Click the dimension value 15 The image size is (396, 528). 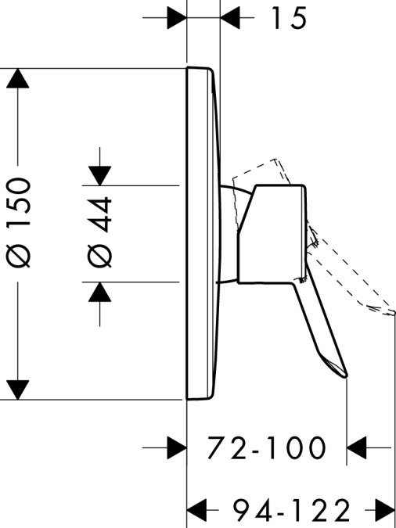289,18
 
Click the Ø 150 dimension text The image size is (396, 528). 19,223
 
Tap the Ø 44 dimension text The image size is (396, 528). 99,232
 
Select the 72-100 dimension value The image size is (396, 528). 267,448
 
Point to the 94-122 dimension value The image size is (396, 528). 292,511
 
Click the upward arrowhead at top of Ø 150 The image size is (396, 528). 17,78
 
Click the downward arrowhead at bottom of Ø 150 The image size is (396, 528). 17,390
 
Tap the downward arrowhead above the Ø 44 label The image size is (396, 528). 99,175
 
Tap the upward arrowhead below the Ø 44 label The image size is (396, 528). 99,292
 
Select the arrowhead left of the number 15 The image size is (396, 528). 230,17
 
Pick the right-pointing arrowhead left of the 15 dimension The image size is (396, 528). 177,17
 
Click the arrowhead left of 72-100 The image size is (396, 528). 177,448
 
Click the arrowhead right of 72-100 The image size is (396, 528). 357,448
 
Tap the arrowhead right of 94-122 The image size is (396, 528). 384,511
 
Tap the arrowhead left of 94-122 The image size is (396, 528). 196,511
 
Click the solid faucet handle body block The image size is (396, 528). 272,234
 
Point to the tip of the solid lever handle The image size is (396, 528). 346,376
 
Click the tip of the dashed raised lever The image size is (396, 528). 394,313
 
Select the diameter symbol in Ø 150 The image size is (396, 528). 19,256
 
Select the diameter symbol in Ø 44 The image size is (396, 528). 99,256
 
